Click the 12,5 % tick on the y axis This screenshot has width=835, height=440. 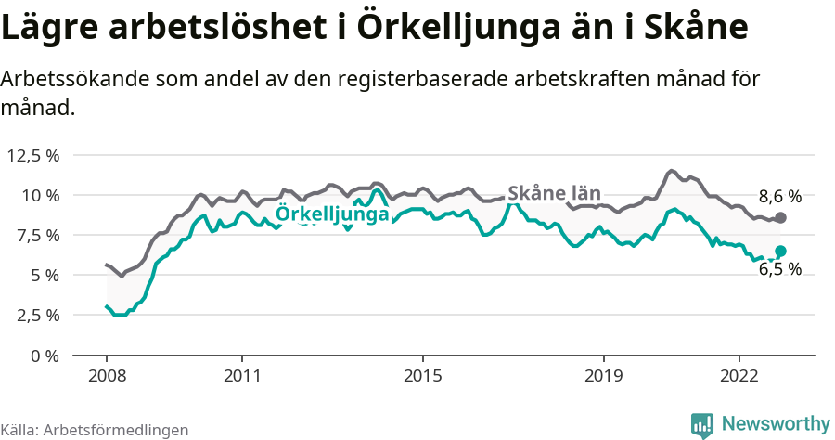(33, 155)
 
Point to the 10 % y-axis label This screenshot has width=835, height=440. (40, 195)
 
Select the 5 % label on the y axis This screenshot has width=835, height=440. (44, 275)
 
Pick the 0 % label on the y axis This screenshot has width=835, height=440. (44, 355)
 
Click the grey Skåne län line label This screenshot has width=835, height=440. (555, 194)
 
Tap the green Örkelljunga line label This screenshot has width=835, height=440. (332, 214)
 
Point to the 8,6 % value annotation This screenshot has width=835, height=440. (779, 196)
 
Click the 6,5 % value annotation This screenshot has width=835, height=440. (779, 270)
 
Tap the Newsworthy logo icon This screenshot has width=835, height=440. (702, 424)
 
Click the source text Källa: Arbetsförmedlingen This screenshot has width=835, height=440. (95, 430)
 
